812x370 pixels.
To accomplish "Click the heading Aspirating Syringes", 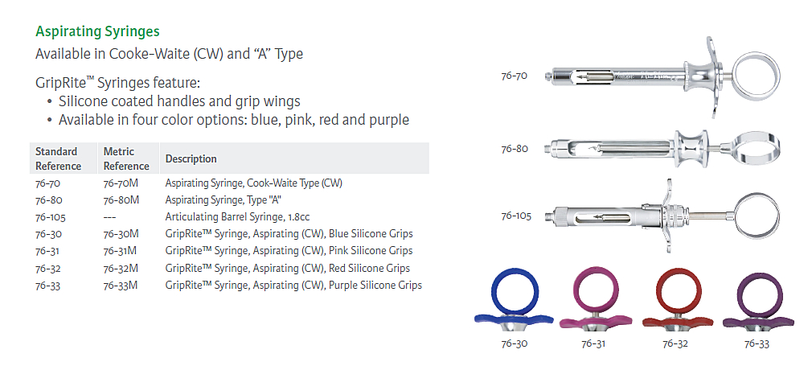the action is [97, 31].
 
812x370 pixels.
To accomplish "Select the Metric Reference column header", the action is [126, 158].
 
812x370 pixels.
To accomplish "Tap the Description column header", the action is [191, 159].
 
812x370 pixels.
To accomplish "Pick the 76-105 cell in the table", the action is [50, 217].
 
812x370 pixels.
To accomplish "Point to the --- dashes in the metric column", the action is [110, 217].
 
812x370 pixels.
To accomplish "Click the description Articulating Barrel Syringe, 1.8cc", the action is [238, 216].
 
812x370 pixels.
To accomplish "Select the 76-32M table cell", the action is [121, 269].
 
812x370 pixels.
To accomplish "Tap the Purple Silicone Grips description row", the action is [293, 285].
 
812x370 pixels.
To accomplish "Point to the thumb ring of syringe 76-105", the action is [730, 216].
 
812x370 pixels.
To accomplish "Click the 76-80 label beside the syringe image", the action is [515, 149].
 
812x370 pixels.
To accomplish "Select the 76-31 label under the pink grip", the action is [593, 343].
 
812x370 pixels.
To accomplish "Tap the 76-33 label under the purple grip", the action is [757, 343].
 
